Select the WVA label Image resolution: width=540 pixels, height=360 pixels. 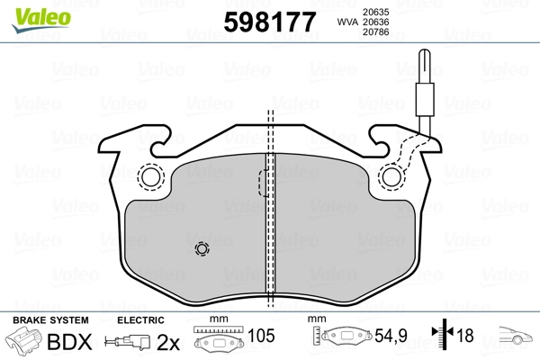tap(346, 22)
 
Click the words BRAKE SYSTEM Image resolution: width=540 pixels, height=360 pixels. tap(49, 319)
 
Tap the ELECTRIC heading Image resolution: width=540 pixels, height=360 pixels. tap(140, 319)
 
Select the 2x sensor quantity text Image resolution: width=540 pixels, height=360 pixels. tap(167, 341)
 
